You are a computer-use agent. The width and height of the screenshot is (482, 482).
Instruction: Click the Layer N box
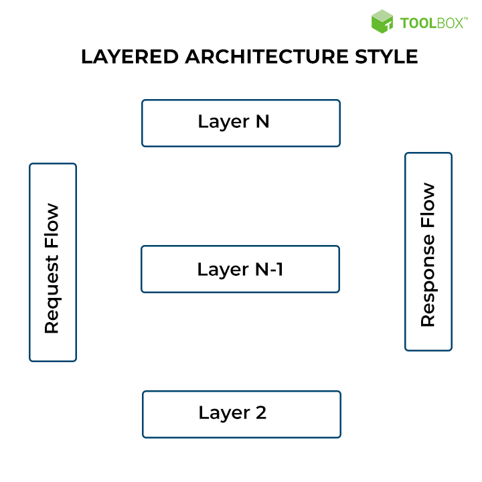[240, 123]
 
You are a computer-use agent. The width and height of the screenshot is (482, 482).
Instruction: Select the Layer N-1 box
[240, 269]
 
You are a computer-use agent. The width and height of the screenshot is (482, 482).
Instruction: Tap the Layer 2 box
[241, 414]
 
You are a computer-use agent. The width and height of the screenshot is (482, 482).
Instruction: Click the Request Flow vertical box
[53, 262]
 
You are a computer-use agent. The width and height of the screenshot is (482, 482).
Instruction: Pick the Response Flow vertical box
[428, 252]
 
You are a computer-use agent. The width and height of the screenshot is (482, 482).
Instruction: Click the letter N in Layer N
[262, 122]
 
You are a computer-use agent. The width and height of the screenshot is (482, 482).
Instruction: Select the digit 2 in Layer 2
[260, 412]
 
